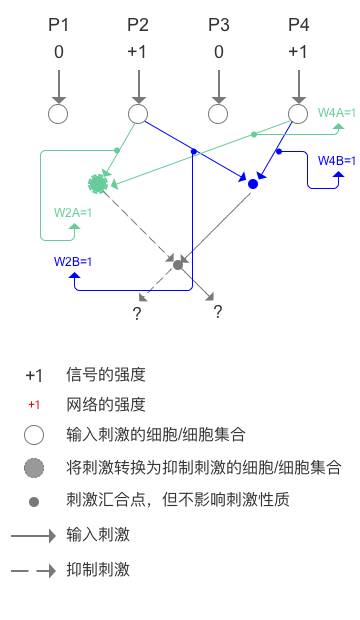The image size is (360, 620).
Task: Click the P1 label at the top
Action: (58, 24)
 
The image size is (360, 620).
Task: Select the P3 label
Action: (218, 24)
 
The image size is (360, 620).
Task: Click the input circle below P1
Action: (58, 114)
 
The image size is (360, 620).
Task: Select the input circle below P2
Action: (138, 114)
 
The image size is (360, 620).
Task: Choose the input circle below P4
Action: (298, 114)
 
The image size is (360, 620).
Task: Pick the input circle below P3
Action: (218, 114)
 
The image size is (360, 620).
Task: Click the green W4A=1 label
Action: (336, 113)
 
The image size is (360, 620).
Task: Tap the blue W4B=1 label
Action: (337, 160)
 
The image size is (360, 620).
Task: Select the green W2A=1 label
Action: (73, 212)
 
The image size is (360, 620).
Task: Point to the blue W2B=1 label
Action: (73, 262)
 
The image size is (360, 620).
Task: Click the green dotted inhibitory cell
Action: (98, 183)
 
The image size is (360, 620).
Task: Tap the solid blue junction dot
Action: (253, 184)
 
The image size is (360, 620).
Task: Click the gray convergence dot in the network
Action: (178, 264)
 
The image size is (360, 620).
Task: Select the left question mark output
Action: (137, 314)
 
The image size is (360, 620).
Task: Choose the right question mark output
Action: (217, 312)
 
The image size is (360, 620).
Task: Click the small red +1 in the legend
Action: (34, 405)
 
